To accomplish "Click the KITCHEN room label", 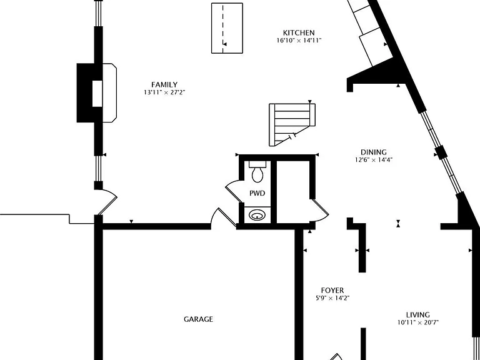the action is (299, 32).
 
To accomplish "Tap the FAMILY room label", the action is (164, 85).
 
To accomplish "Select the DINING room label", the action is (374, 152).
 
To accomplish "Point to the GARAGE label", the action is (198, 319).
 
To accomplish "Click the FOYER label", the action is (332, 290).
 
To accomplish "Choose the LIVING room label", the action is (418, 315).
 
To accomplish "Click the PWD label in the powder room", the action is (257, 194).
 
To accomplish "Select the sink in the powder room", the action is (257, 215).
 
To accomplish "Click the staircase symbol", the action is (292, 124).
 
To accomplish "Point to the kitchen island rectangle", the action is (227, 28).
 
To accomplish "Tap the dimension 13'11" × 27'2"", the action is (165, 92).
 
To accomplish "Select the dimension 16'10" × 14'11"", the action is (299, 41).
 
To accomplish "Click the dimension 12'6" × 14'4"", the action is (374, 160).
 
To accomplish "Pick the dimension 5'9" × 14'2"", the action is (332, 298).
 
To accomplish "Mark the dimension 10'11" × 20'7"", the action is (418, 322).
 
